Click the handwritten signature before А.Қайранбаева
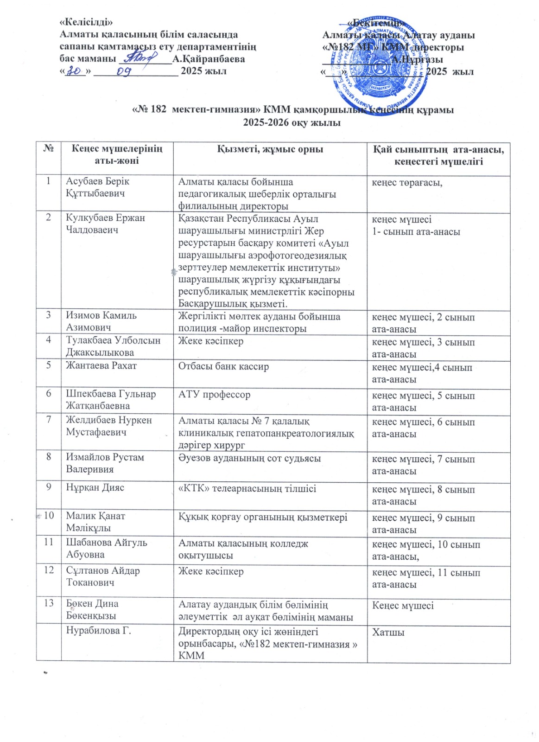coord(144,58)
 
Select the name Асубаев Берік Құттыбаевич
coord(97,187)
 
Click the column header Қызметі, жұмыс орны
coord(270,149)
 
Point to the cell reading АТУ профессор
coord(214,395)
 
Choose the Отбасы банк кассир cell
coord(223,366)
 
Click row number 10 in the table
coord(49,515)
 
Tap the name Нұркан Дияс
coord(95,487)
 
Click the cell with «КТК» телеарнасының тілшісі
coord(247,488)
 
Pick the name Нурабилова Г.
coord(98,631)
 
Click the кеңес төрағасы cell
coord(407,183)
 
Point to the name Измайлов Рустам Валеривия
coord(105,463)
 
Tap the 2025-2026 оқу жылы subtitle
coord(292,122)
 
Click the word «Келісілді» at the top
coord(86,22)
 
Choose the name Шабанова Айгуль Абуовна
coord(106,548)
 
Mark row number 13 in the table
coord(49,603)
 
